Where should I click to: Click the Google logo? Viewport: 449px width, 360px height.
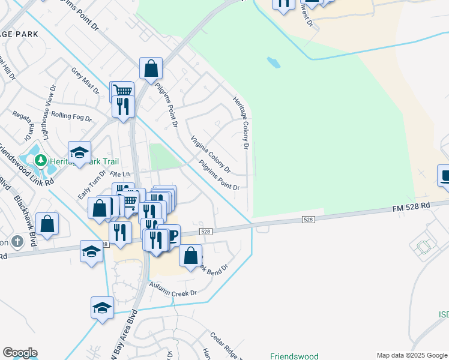click(x=20, y=353)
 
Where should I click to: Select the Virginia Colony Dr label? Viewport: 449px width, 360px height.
click(x=210, y=152)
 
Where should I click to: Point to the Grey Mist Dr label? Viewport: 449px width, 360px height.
click(x=85, y=80)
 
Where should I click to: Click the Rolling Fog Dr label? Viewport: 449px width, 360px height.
click(x=71, y=115)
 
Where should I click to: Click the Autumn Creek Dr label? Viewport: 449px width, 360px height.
click(x=173, y=289)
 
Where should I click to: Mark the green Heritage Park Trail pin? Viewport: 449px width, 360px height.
click(x=40, y=160)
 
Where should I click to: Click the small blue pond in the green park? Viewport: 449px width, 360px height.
click(x=273, y=62)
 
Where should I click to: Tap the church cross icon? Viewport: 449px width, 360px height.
click(x=18, y=242)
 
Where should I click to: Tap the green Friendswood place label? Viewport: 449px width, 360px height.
click(x=294, y=356)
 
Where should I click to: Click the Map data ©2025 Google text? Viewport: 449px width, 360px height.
click(x=412, y=355)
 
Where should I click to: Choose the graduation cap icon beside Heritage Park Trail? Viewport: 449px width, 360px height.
click(x=79, y=152)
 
